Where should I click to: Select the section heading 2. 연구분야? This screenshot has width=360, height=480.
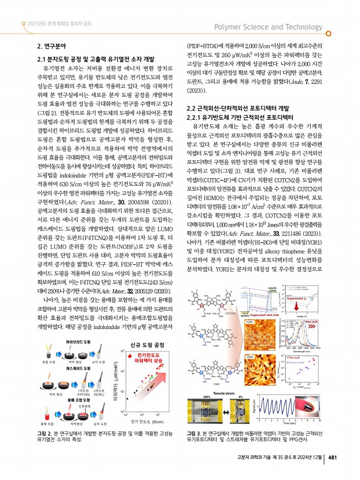click(x=52, y=46)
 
